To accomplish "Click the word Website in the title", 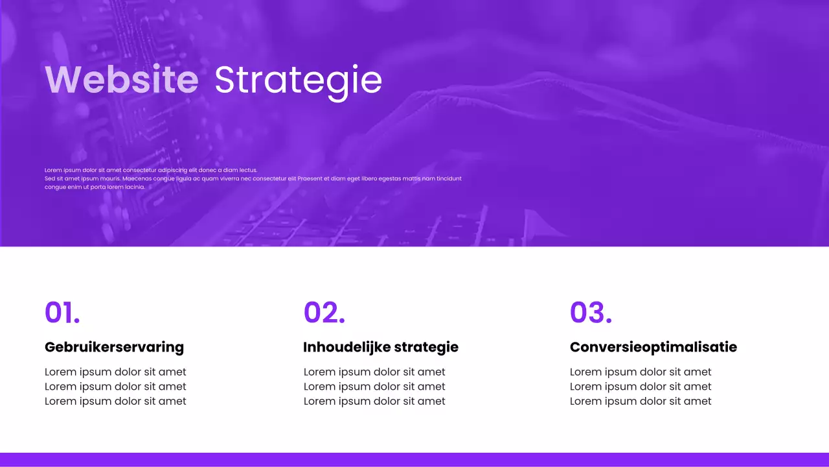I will point(122,80).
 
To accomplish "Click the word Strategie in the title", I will point(298,80).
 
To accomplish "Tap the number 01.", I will point(62,313).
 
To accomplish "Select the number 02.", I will point(324,313).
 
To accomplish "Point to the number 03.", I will point(591,313).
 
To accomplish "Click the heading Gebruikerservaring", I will point(114,347).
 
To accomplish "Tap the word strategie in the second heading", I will point(426,348).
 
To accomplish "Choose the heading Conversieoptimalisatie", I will point(653,347).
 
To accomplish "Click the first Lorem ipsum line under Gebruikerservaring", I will point(115,372).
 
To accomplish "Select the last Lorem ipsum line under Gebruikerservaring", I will point(115,401).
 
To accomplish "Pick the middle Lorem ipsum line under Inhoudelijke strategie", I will point(374,387).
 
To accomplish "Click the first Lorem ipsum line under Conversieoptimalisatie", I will point(641,372).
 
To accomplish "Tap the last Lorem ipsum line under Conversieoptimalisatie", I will point(641,401).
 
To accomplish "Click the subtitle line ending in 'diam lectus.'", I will point(151,170).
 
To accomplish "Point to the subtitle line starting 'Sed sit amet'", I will point(253,178).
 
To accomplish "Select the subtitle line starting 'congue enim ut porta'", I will point(95,187).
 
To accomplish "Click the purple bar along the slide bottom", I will point(414,459).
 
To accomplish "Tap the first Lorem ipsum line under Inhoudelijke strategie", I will point(374,372).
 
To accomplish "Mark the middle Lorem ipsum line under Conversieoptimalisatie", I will point(641,387).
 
